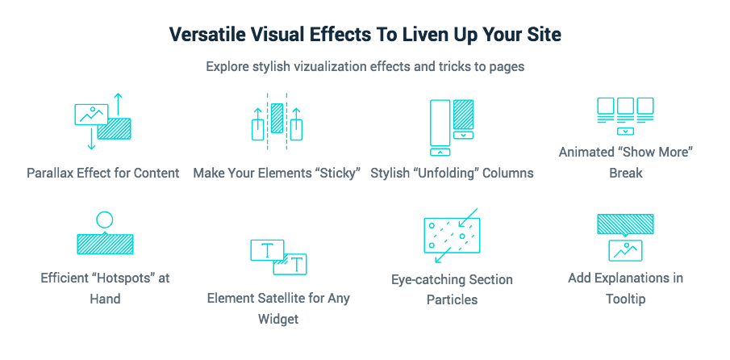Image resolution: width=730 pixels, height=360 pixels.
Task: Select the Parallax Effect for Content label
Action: [103, 174]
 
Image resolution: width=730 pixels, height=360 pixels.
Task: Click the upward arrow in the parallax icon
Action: [119, 104]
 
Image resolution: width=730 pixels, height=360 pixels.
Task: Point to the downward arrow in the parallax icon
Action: [92, 137]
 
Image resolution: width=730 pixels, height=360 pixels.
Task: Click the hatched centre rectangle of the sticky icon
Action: [277, 119]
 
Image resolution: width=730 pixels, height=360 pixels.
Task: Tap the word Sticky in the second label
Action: [339, 174]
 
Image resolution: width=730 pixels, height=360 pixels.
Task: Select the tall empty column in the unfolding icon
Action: [440, 123]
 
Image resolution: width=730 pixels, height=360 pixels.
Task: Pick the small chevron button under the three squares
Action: [625, 132]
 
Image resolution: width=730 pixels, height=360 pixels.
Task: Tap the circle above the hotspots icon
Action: [104, 220]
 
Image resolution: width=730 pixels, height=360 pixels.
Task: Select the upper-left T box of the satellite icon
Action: [267, 250]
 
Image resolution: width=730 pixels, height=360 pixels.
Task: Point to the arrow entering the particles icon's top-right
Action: [469, 217]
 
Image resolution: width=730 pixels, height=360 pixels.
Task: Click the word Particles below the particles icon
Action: [452, 299]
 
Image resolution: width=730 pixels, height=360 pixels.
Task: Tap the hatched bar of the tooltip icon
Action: [625, 224]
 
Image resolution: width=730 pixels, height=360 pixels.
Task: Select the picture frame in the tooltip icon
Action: [625, 250]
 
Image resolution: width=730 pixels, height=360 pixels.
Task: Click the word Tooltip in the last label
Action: [625, 299]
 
